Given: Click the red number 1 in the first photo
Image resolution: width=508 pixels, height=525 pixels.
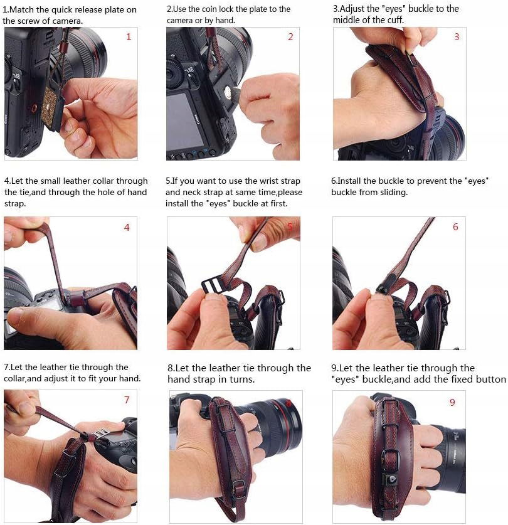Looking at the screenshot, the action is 129,37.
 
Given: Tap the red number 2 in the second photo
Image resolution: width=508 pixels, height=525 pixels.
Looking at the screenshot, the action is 290,37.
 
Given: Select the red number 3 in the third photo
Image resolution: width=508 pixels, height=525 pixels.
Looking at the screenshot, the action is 457,37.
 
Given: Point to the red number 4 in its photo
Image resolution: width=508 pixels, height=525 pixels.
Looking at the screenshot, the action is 127,227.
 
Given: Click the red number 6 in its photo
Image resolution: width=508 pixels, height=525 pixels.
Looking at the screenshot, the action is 455,226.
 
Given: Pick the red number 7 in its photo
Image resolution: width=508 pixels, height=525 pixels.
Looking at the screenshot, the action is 127,400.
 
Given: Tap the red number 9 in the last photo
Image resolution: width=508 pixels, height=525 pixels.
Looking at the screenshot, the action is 452,402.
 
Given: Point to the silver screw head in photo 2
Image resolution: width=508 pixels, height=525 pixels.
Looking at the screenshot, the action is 228,91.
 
